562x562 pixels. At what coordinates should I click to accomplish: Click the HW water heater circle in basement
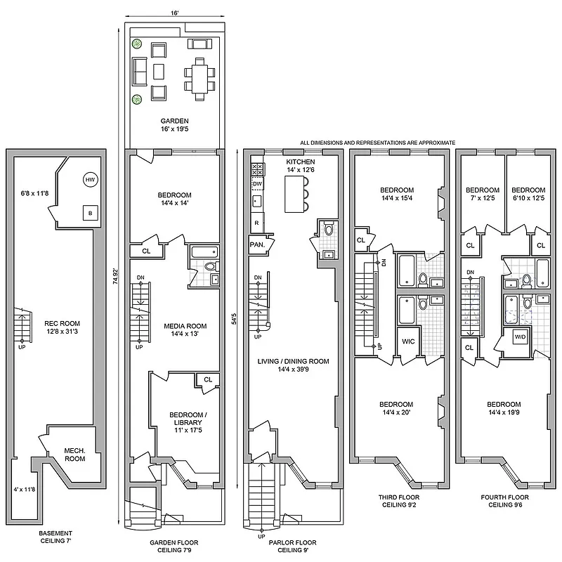[x=89, y=181]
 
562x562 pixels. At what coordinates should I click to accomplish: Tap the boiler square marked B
[x=89, y=213]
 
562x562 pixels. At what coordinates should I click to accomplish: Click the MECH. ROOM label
[x=74, y=454]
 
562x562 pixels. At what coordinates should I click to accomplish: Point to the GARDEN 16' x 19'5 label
[x=173, y=125]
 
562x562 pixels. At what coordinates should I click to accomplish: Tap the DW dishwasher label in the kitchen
[x=257, y=184]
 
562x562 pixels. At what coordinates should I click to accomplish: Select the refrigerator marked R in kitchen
[x=257, y=223]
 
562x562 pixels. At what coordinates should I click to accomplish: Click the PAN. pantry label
[x=256, y=244]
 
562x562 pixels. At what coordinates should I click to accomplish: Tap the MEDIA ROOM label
[x=185, y=329]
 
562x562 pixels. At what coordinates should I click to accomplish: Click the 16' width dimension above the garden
[x=173, y=13]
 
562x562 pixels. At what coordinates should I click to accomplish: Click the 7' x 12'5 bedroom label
[x=483, y=195]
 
